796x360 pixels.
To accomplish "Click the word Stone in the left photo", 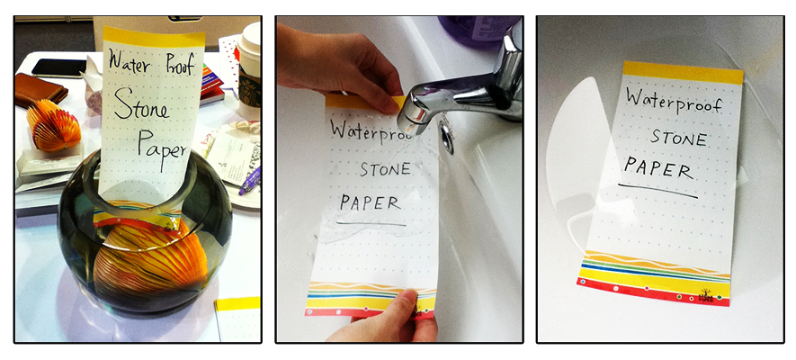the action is pyautogui.click(x=140, y=105).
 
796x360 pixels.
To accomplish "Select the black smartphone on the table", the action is pyautogui.click(x=58, y=68).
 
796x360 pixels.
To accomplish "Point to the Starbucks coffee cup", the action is pyautogui.click(x=249, y=70).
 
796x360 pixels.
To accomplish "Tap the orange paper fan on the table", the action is pyautogui.click(x=53, y=124).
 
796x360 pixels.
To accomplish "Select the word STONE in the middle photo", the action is pyautogui.click(x=385, y=169).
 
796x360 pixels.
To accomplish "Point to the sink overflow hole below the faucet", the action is pyautogui.click(x=447, y=136).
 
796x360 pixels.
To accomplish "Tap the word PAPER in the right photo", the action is pyautogui.click(x=658, y=169).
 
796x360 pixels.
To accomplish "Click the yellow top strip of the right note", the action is pyautogui.click(x=683, y=73).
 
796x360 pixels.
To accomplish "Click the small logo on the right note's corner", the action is pyautogui.click(x=706, y=296).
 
